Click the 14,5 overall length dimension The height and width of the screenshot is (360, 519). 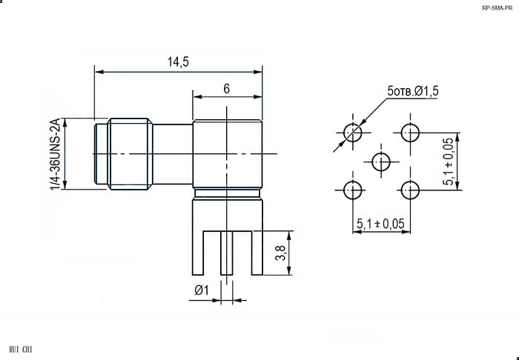click(x=178, y=61)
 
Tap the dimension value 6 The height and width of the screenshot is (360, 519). click(x=226, y=89)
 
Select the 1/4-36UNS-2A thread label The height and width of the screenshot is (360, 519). click(x=56, y=154)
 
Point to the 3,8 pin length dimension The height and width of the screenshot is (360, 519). click(x=281, y=253)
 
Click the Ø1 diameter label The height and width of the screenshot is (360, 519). click(x=202, y=290)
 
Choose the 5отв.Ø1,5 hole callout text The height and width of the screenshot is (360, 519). click(x=413, y=91)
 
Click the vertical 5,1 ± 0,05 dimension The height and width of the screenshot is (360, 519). click(x=448, y=161)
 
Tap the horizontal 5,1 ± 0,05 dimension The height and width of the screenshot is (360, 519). click(x=380, y=224)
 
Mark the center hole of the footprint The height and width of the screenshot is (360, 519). click(x=381, y=161)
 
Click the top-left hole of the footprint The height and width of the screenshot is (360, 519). click(x=353, y=133)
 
